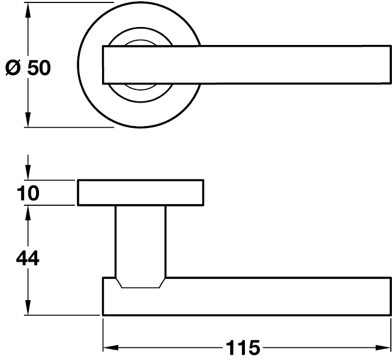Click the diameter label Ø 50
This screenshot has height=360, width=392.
[28, 68]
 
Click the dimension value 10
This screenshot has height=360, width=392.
[28, 193]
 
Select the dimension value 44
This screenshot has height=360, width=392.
[28, 259]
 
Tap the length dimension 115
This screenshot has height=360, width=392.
[243, 347]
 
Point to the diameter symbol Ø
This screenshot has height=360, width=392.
[13, 68]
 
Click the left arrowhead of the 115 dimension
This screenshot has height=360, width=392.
[110, 347]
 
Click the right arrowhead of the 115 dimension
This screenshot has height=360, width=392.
[383, 347]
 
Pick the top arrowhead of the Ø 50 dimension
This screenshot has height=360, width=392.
[28, 10]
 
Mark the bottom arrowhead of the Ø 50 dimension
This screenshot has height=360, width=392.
[28, 119]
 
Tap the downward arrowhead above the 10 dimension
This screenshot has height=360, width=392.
[28, 172]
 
